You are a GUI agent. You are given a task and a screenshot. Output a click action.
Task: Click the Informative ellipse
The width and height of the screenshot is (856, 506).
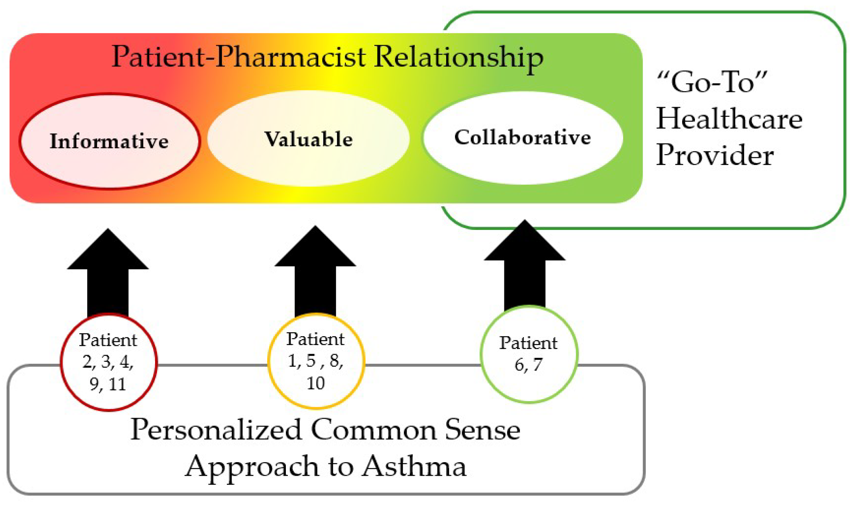tap(109, 141)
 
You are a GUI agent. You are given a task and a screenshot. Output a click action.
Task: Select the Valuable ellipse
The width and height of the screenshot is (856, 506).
tap(308, 139)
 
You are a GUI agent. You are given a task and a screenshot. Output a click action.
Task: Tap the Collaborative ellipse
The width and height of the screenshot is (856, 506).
tap(522, 137)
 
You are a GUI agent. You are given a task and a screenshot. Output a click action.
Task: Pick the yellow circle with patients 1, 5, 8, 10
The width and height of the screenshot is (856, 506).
tap(316, 361)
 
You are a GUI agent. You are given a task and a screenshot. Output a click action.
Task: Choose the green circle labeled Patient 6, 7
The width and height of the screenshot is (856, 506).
tap(529, 354)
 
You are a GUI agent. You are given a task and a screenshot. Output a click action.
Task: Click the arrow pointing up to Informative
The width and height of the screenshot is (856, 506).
tap(108, 275)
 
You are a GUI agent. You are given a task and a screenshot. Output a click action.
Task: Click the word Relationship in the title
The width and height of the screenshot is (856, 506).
tap(459, 57)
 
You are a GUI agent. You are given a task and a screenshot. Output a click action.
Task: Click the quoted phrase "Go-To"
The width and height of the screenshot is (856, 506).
tap(712, 82)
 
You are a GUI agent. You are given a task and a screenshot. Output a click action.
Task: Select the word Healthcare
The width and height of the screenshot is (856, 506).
tap(729, 119)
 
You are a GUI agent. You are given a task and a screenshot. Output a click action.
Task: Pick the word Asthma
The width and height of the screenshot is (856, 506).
tap(414, 466)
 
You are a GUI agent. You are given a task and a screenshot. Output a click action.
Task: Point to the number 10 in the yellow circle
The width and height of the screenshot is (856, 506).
tap(315, 383)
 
